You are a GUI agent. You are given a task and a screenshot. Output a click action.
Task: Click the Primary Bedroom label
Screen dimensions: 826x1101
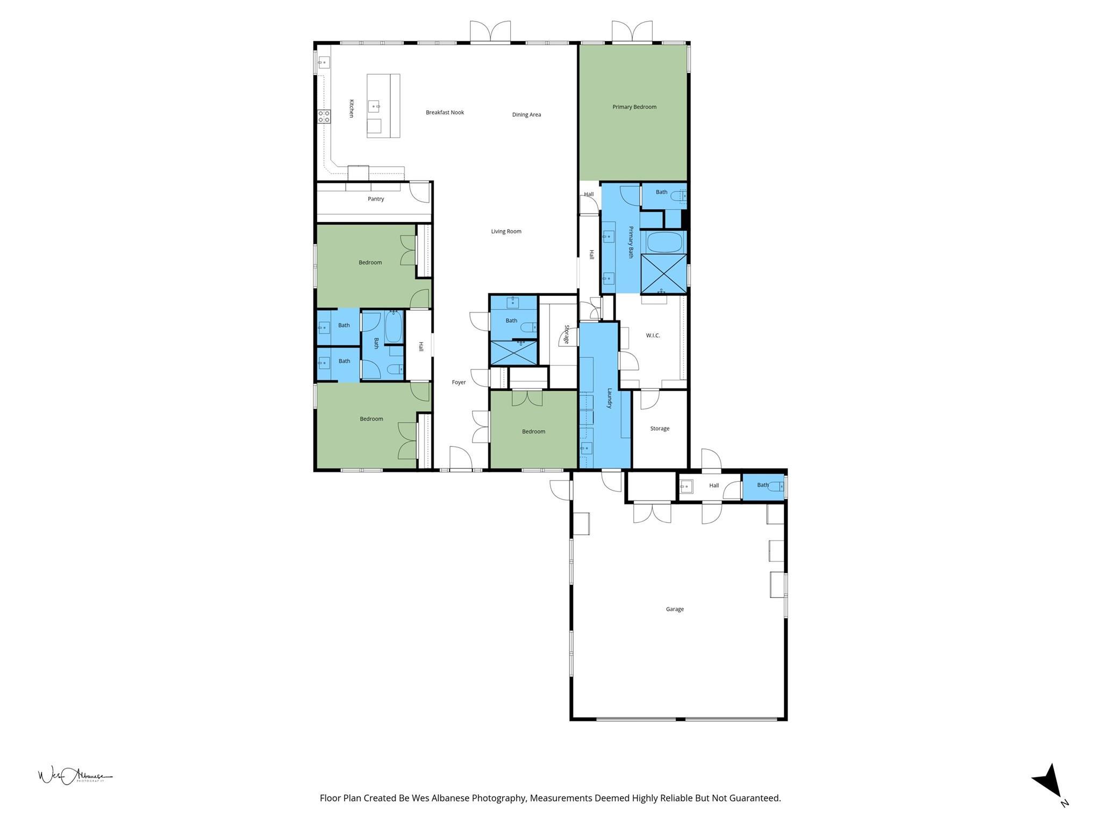click(634, 107)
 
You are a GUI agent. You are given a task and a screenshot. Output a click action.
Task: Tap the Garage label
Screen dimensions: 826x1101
click(674, 609)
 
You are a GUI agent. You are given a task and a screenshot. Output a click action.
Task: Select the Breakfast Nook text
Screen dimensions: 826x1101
click(445, 112)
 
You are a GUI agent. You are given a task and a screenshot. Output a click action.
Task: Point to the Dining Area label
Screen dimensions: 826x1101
click(526, 115)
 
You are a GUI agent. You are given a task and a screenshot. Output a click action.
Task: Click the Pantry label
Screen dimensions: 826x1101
click(376, 199)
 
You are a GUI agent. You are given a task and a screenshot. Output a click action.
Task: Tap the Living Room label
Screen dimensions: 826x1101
click(506, 232)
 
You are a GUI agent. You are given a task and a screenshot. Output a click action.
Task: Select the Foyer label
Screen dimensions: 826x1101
click(459, 382)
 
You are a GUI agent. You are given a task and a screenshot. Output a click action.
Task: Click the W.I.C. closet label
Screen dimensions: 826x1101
click(653, 336)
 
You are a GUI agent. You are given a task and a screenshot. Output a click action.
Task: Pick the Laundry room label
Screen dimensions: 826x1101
click(610, 398)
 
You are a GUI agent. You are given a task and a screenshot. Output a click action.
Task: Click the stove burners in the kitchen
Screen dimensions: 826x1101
click(324, 116)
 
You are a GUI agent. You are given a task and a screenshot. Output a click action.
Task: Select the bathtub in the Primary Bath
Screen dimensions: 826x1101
click(664, 242)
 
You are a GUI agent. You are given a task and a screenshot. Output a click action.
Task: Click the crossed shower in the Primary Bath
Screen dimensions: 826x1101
click(664, 274)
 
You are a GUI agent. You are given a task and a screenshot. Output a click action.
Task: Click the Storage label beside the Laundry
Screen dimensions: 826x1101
click(660, 429)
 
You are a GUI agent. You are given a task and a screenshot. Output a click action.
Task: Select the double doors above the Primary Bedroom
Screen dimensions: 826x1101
click(632, 32)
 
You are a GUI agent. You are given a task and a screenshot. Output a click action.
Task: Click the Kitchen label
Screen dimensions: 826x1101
click(352, 109)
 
